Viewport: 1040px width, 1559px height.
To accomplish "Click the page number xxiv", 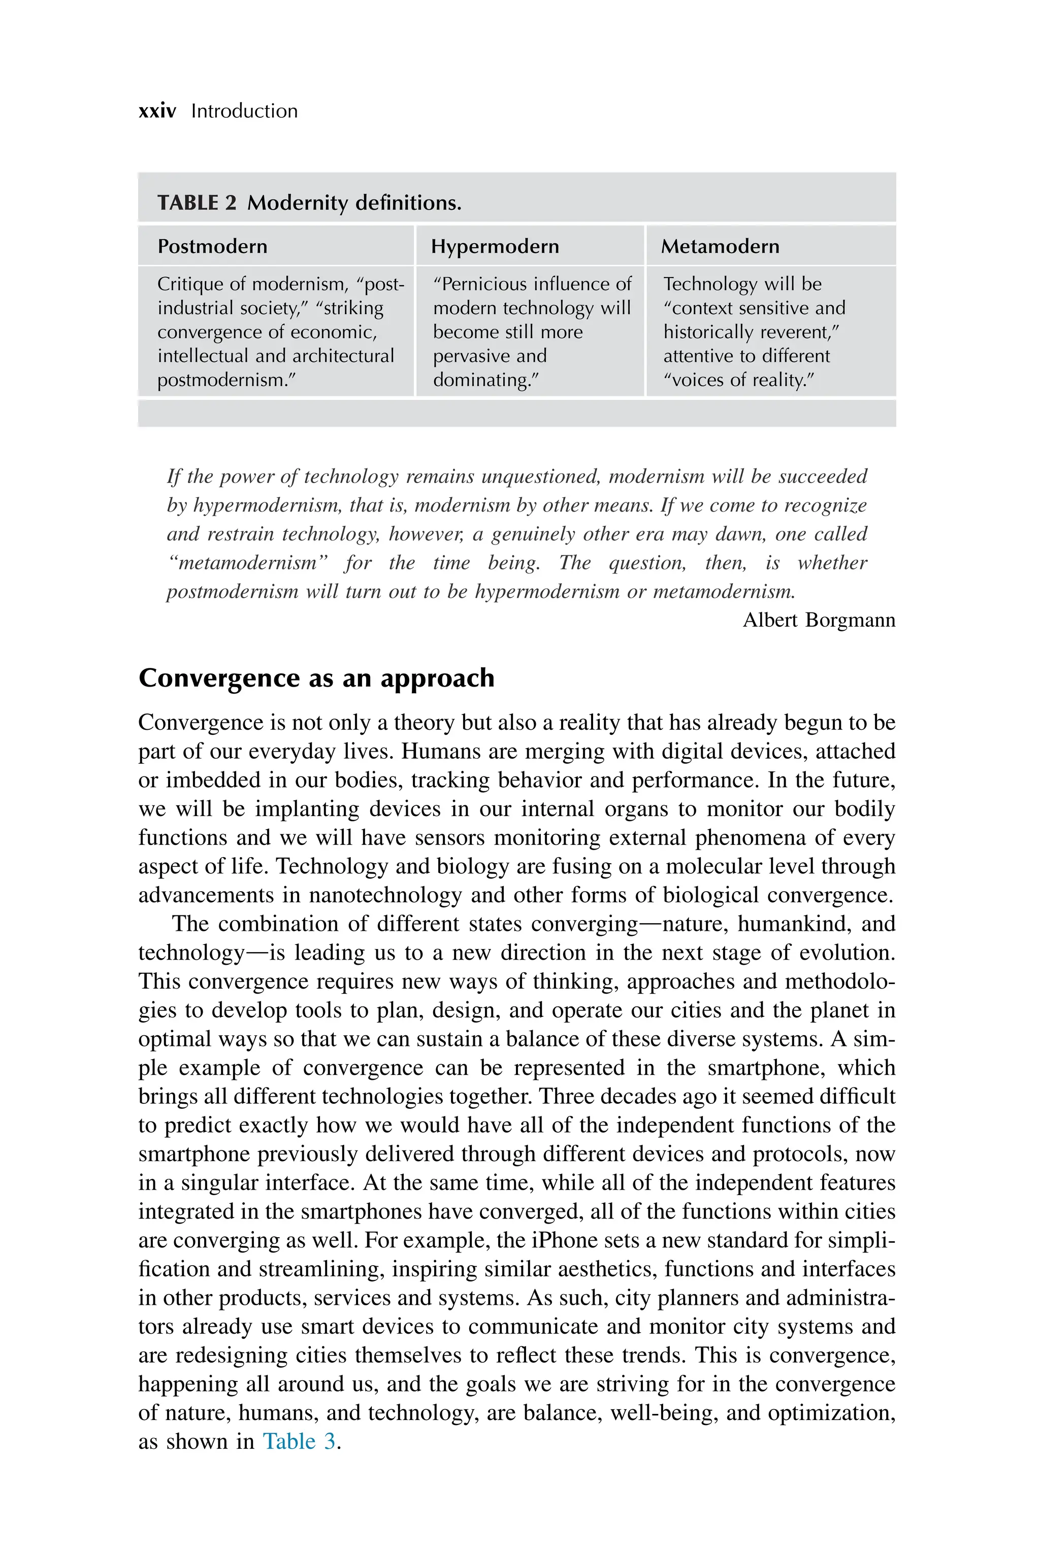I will point(157,111).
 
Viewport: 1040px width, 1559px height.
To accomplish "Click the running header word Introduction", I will point(244,111).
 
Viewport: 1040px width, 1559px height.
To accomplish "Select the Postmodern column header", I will point(212,246).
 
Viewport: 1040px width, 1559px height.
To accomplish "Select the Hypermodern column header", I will point(495,246).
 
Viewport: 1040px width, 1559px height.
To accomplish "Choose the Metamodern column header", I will point(720,246).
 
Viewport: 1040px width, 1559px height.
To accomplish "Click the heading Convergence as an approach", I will point(316,678).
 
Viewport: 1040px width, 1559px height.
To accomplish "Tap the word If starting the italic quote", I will point(174,477).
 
